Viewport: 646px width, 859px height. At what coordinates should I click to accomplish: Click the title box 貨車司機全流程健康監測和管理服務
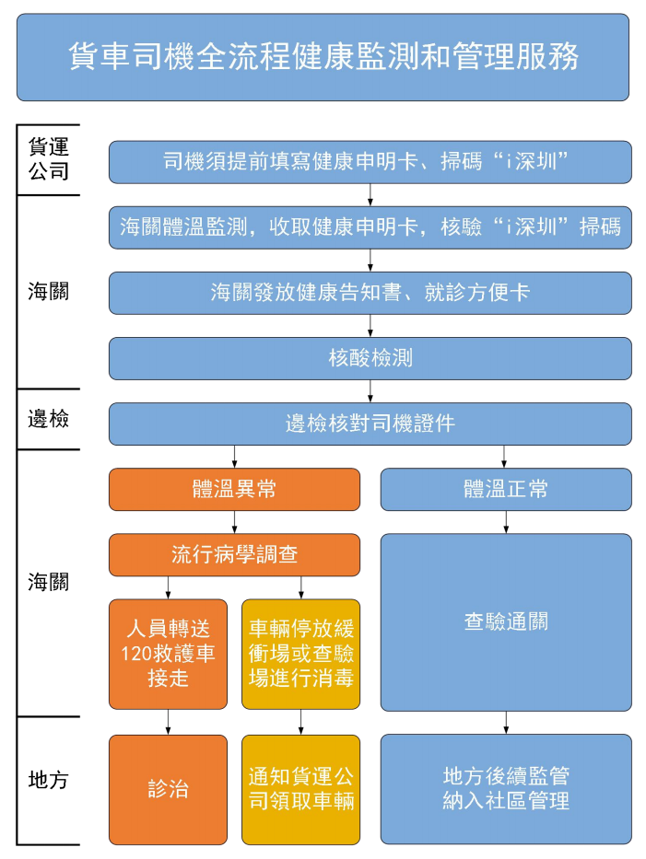323,57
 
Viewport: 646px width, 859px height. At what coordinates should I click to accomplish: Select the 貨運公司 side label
48,158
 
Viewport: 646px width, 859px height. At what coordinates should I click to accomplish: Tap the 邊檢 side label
48,419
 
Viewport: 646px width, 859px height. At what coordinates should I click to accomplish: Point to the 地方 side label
48,780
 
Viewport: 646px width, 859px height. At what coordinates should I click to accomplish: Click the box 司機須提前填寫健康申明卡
370,162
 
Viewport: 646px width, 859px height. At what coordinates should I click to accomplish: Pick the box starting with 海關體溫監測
370,227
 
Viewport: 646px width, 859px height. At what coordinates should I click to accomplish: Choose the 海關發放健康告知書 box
370,293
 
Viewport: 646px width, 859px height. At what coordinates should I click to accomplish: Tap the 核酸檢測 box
370,358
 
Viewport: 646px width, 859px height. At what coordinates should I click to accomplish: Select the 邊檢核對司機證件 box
370,424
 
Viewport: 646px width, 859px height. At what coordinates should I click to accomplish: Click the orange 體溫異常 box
234,489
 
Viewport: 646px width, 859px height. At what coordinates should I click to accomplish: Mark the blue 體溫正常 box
506,489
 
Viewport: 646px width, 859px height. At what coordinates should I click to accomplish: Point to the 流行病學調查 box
234,554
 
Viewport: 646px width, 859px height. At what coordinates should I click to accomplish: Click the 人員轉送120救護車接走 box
168,654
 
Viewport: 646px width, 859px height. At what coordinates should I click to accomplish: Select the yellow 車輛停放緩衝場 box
301,654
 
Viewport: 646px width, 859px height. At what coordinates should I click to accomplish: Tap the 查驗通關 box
506,621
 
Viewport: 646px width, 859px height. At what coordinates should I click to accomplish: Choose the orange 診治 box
168,789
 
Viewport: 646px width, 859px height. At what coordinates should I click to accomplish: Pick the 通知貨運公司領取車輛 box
301,789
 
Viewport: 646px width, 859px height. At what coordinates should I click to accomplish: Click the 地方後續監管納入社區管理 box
506,789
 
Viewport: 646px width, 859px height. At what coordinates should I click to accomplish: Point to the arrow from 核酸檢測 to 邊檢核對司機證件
370,391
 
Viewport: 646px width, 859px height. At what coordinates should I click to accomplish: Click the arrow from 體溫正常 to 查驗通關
506,522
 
